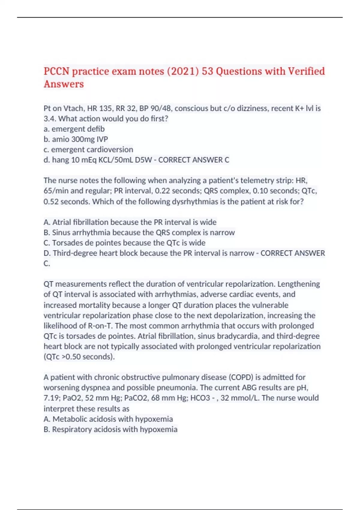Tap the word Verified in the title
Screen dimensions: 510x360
tap(306, 71)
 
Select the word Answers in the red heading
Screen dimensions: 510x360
tap(64, 84)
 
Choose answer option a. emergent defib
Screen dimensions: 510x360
tap(74, 129)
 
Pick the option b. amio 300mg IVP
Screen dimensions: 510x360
tap(76, 139)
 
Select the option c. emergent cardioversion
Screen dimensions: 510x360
tap(88, 149)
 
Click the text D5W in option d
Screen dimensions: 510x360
tap(143, 160)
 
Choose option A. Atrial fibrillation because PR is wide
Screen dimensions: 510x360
tap(130, 222)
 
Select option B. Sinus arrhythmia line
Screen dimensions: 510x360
tap(139, 232)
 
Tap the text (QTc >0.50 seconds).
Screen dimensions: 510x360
tap(79, 357)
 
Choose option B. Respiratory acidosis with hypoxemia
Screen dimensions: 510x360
tap(110, 429)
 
